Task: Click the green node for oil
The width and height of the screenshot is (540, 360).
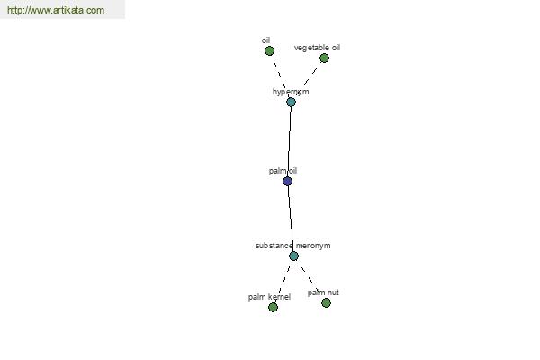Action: pyautogui.click(x=269, y=51)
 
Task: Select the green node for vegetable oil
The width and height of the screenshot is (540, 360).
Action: pyautogui.click(x=324, y=58)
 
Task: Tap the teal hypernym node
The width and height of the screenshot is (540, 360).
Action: pyautogui.click(x=291, y=102)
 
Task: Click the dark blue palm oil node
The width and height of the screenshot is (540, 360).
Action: pyautogui.click(x=288, y=181)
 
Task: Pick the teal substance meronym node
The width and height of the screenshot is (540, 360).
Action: pyautogui.click(x=293, y=256)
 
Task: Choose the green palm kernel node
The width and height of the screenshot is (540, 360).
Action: pyautogui.click(x=273, y=307)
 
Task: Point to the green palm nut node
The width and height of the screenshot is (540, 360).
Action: pyautogui.click(x=326, y=302)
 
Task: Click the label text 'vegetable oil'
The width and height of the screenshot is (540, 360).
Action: pyautogui.click(x=317, y=48)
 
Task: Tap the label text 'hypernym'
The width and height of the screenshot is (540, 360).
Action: pyautogui.click(x=291, y=92)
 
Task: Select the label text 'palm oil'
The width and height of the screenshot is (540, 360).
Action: pyautogui.click(x=283, y=171)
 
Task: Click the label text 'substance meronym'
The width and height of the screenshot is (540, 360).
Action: pyautogui.click(x=293, y=246)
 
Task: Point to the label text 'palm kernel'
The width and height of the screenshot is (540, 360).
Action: pyautogui.click(x=269, y=297)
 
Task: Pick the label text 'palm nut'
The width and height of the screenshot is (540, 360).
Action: pyautogui.click(x=323, y=292)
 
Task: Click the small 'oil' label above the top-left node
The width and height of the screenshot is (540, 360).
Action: pyautogui.click(x=265, y=40)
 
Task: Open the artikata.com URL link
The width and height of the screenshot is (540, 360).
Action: pyautogui.click(x=56, y=10)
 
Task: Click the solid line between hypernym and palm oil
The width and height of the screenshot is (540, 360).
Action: pyautogui.click(x=289, y=141)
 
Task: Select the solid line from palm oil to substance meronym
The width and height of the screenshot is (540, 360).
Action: pyautogui.click(x=291, y=219)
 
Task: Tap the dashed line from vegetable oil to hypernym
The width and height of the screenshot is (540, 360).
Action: pyautogui.click(x=310, y=76)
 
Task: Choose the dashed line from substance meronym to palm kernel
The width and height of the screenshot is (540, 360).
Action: pyautogui.click(x=283, y=282)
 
